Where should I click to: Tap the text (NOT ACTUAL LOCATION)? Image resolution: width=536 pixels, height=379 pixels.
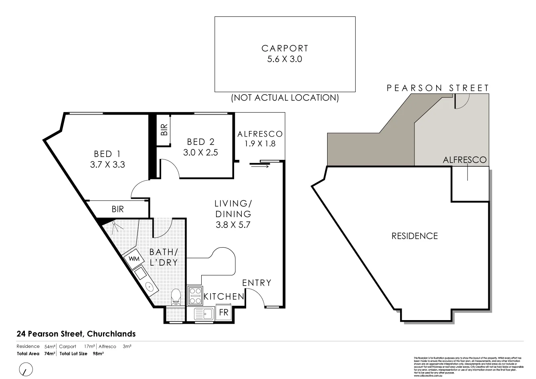285,97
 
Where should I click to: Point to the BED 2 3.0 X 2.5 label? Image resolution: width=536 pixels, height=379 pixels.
200,147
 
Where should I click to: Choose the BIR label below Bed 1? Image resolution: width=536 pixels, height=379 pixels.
118,209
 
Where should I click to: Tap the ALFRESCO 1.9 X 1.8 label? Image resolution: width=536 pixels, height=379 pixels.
260,138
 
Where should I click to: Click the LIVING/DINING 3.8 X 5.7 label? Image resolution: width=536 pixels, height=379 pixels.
233,214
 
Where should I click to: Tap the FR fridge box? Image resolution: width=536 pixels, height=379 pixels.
223,312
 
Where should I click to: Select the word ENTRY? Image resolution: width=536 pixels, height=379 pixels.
257,283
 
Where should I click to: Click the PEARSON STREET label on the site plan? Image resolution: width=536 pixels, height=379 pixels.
438,88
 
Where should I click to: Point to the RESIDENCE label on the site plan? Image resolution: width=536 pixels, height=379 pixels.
415,236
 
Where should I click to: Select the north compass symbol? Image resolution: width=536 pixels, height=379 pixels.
26,369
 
